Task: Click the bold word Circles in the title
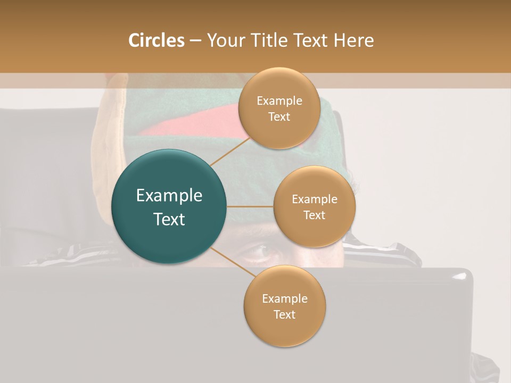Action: [x=156, y=40]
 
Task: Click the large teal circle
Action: [x=169, y=206]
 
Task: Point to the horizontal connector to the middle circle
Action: [x=250, y=206]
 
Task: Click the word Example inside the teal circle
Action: [x=169, y=196]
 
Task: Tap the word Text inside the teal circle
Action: [x=169, y=219]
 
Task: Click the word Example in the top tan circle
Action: [x=279, y=101]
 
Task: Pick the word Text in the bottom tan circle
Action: [x=284, y=314]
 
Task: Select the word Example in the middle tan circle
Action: [x=315, y=199]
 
